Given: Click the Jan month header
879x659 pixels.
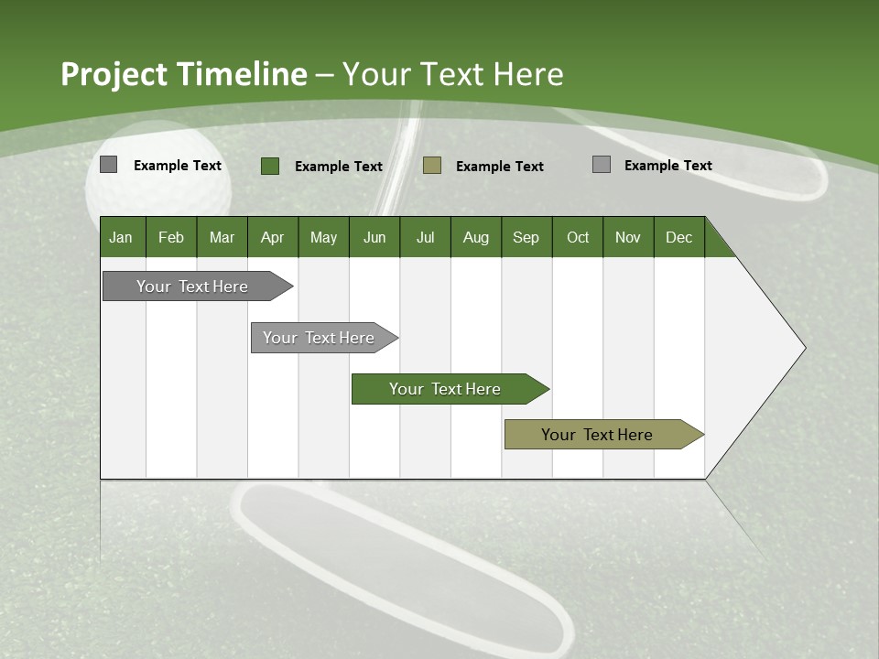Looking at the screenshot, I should (121, 237).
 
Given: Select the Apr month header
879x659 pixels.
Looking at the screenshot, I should (272, 237).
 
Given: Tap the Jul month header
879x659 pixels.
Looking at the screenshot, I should (425, 237).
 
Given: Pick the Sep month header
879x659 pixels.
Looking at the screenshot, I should (526, 237).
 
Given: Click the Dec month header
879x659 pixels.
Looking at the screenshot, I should (678, 237).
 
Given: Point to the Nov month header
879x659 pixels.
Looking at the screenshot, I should (627, 237).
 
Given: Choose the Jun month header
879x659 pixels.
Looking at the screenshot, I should (374, 237).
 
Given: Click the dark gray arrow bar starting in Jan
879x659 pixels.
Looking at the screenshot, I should (192, 286).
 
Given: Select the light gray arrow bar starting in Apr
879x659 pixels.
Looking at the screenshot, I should (319, 338).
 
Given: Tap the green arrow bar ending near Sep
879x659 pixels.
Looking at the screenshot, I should (445, 389).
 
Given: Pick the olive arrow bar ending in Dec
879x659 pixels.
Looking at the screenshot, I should (597, 435).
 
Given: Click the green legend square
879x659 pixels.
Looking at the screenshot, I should (269, 166).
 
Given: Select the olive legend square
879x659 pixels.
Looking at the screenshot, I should (432, 166).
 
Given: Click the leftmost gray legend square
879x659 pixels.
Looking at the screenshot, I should (108, 165).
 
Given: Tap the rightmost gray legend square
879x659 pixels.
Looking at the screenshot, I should (601, 165).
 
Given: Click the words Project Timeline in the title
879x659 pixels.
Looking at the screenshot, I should (183, 74).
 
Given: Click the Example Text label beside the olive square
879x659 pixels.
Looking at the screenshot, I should (499, 167).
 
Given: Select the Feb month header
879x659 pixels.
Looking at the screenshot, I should (170, 237).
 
